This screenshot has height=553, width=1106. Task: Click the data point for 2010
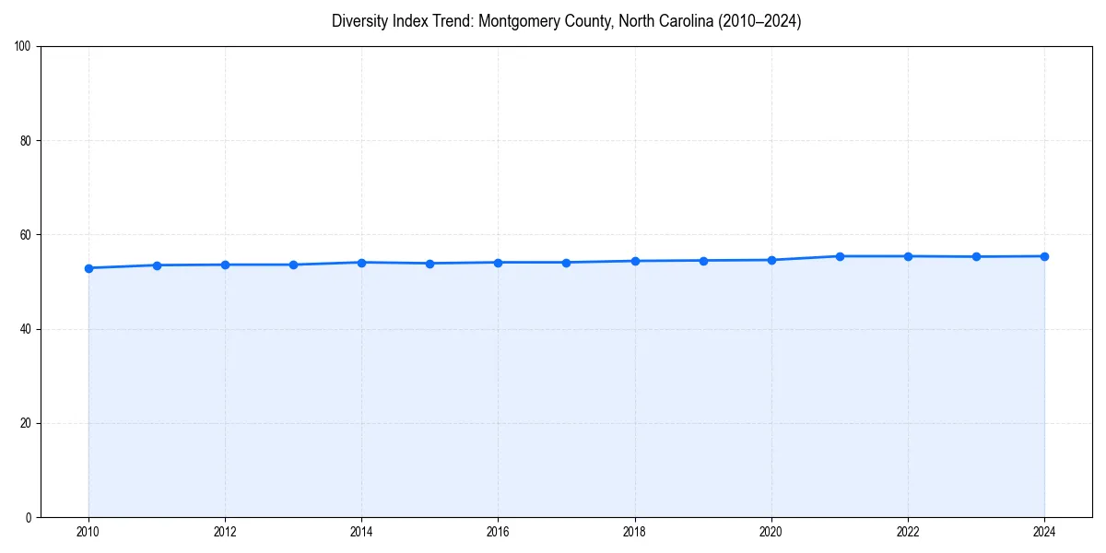point(88,268)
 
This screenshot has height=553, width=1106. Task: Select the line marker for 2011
point(157,265)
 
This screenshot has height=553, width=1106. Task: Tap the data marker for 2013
point(293,265)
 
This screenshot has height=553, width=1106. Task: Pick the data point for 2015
point(430,264)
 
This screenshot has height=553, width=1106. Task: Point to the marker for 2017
point(567,263)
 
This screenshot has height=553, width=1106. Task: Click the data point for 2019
point(703,261)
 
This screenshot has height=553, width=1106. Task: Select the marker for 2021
point(840,256)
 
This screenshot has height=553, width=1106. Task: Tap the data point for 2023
point(976,256)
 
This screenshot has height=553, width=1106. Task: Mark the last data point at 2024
point(1044,256)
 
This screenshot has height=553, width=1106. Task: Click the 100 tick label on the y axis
point(24,47)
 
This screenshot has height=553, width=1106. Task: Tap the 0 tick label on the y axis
point(29,517)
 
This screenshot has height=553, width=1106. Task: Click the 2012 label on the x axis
point(225,532)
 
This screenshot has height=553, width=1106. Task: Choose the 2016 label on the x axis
point(498,532)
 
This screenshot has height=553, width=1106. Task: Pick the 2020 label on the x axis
point(771,532)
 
